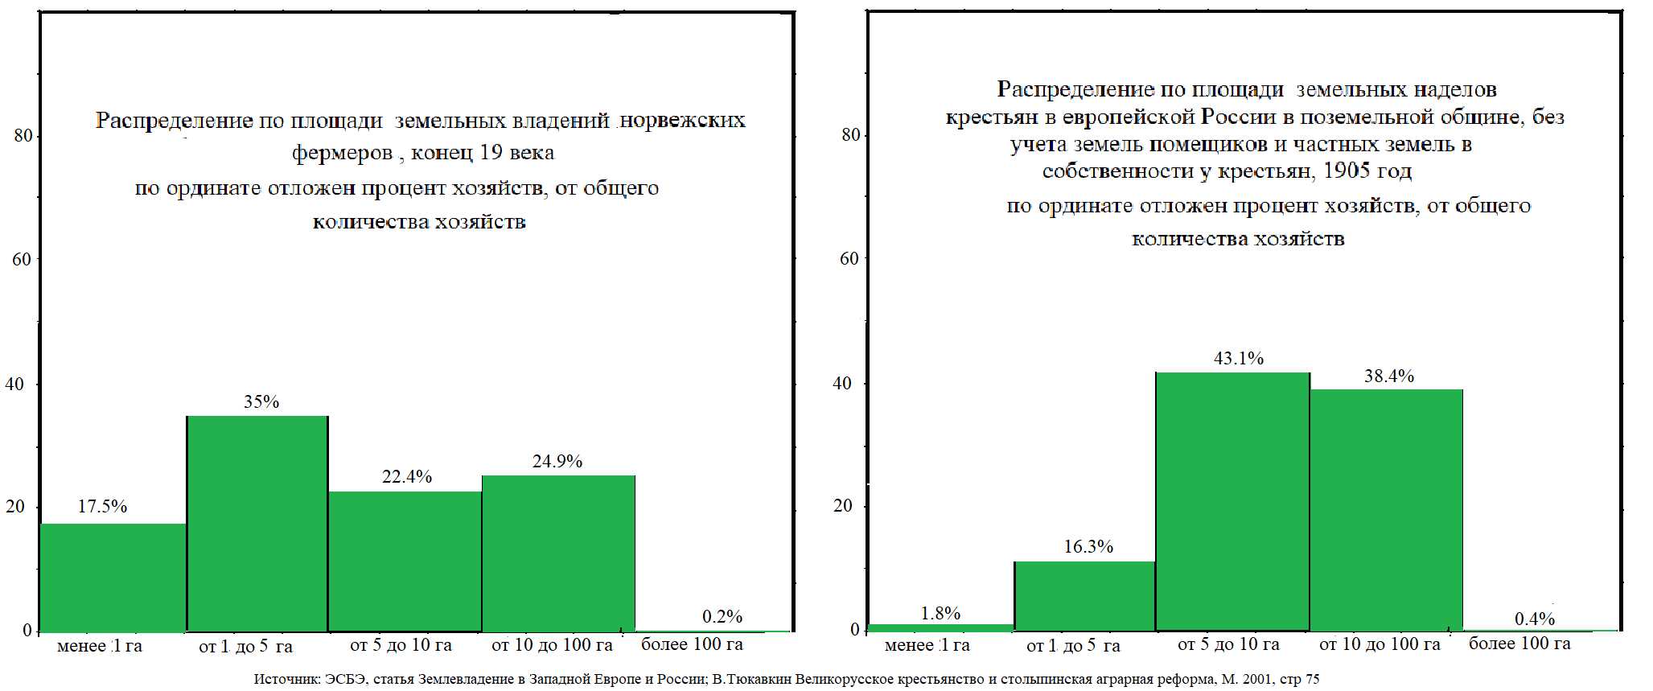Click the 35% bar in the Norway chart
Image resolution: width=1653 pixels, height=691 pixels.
[257, 523]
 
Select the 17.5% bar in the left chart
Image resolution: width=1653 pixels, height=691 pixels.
[113, 577]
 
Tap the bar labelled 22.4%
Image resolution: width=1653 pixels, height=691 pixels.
[405, 561]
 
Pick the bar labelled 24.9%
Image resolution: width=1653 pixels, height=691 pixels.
[558, 553]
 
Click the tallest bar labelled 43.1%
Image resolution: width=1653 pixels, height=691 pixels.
[1232, 500]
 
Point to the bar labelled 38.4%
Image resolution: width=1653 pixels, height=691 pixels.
[1386, 509]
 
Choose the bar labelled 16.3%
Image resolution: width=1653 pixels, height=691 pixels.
[1084, 595]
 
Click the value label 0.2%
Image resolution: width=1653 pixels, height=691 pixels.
[722, 616]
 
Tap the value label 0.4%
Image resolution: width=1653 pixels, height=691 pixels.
[1534, 619]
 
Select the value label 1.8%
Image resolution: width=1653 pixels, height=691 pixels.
[940, 613]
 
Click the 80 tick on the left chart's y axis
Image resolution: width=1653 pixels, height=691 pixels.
[23, 135]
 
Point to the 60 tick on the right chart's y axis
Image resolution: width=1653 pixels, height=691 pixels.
[849, 258]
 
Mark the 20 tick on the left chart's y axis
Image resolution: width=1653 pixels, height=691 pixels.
[15, 506]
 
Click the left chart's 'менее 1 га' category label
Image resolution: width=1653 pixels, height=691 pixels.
[100, 646]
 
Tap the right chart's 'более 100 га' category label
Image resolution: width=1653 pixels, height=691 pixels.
[1519, 644]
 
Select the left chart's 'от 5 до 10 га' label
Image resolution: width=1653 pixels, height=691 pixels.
[401, 644]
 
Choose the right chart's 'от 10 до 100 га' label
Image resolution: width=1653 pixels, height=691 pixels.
[1379, 644]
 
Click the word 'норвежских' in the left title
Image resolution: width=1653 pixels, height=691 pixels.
[683, 121]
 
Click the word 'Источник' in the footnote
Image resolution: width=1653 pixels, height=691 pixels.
[286, 679]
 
